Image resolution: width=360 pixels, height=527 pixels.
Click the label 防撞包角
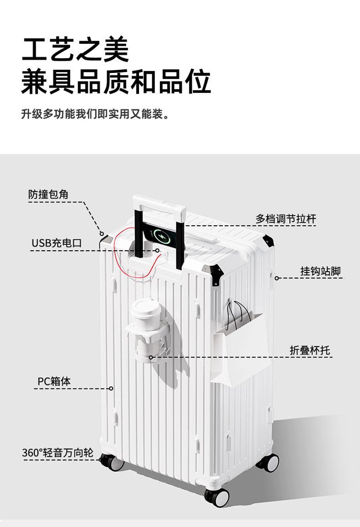48,195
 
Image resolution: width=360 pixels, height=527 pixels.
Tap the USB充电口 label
57,243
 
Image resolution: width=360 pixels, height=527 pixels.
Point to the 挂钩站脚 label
320,271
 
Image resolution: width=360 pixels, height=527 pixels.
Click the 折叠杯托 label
310,350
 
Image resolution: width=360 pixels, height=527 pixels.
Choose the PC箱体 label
54,381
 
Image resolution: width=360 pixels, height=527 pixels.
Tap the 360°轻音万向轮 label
58,453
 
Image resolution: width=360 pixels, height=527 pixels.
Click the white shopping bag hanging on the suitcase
237,346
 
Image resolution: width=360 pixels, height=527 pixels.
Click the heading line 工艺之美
76,51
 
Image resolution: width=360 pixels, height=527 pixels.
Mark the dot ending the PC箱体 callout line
111,388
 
